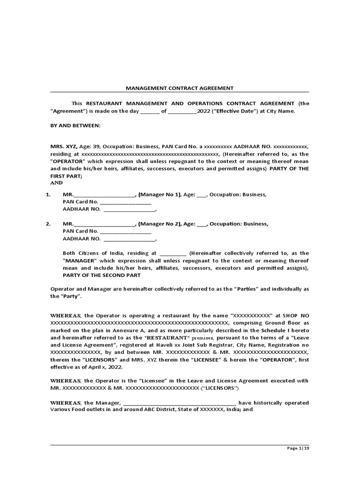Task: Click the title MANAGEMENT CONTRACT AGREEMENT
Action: [180, 88]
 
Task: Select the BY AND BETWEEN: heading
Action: [75, 126]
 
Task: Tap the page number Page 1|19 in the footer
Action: [298, 448]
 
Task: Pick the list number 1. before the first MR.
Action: [48, 195]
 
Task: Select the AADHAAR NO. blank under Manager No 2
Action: [129, 239]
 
